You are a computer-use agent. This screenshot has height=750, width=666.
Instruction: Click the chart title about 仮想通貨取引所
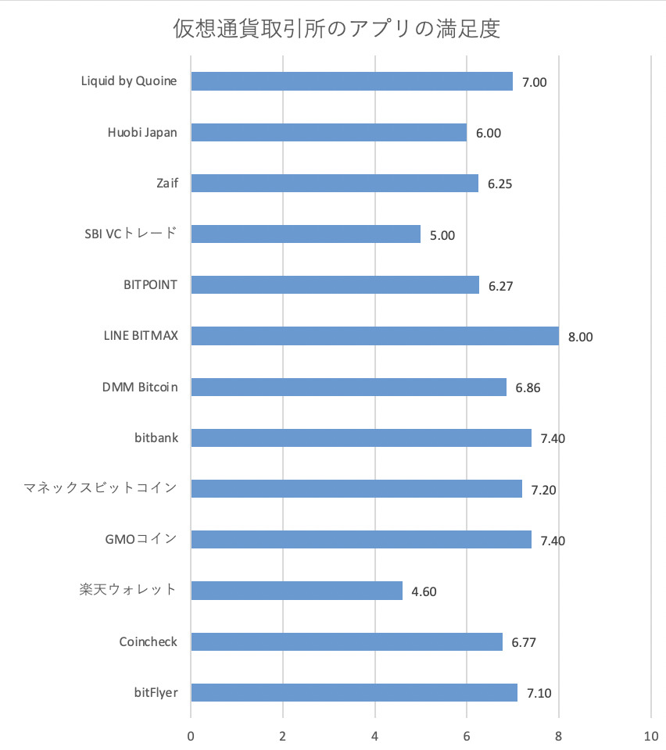tap(336, 30)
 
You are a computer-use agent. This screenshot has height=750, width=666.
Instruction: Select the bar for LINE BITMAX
tap(374, 336)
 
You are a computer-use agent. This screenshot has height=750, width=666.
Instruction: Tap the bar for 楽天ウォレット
tap(296, 590)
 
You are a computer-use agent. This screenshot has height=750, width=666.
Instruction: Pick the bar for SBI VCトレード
tap(306, 234)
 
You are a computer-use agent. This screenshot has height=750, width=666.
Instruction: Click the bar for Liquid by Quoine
tap(352, 81)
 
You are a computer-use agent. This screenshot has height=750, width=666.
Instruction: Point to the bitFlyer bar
tap(354, 692)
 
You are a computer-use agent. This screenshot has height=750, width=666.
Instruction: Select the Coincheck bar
tap(346, 641)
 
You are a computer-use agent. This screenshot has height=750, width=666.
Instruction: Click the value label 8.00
tap(581, 337)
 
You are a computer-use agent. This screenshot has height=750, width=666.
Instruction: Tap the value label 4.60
tap(424, 591)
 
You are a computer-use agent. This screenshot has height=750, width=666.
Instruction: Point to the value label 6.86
tap(528, 388)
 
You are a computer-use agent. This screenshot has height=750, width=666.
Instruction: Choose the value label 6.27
tap(500, 287)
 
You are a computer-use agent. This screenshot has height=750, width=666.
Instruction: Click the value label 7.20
tap(543, 490)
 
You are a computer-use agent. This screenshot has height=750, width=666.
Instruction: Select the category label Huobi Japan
tap(142, 132)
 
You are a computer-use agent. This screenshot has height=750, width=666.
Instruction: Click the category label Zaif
tap(166, 184)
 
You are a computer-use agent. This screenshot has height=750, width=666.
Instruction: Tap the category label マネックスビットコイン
tap(99, 488)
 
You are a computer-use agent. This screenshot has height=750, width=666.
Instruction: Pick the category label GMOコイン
tap(141, 539)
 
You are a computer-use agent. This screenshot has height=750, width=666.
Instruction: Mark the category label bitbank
tap(156, 437)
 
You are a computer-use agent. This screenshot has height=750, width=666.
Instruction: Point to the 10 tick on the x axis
tap(650, 736)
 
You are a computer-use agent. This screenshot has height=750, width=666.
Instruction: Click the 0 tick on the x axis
tap(191, 736)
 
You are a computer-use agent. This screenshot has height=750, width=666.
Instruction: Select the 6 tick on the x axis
tap(467, 736)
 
